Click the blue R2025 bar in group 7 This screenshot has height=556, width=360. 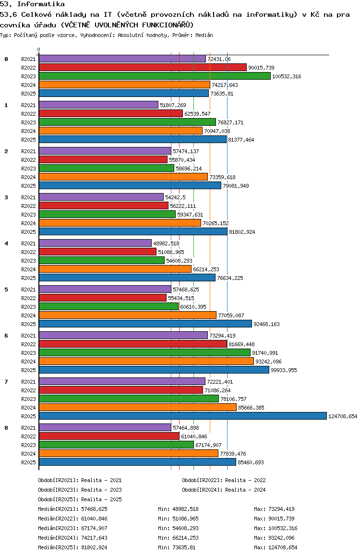tap(182, 416)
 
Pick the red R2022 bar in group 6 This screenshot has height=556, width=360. tap(132, 344)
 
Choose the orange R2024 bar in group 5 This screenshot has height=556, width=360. tap(127, 315)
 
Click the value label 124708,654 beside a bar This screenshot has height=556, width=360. tap(343, 416)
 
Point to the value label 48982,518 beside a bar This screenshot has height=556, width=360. tap(166, 243)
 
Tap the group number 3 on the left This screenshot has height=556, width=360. tap(6, 197)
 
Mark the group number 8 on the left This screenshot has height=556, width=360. tap(6, 428)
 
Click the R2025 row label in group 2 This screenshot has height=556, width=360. tap(29, 186)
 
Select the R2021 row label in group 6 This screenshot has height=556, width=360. tap(29, 336)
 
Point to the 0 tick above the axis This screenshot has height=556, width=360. tap(39, 49)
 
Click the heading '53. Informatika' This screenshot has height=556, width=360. tap(32, 4)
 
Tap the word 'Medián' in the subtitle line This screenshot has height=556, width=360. tap(204, 36)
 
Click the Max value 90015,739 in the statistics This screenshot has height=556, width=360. tap(283, 519)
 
